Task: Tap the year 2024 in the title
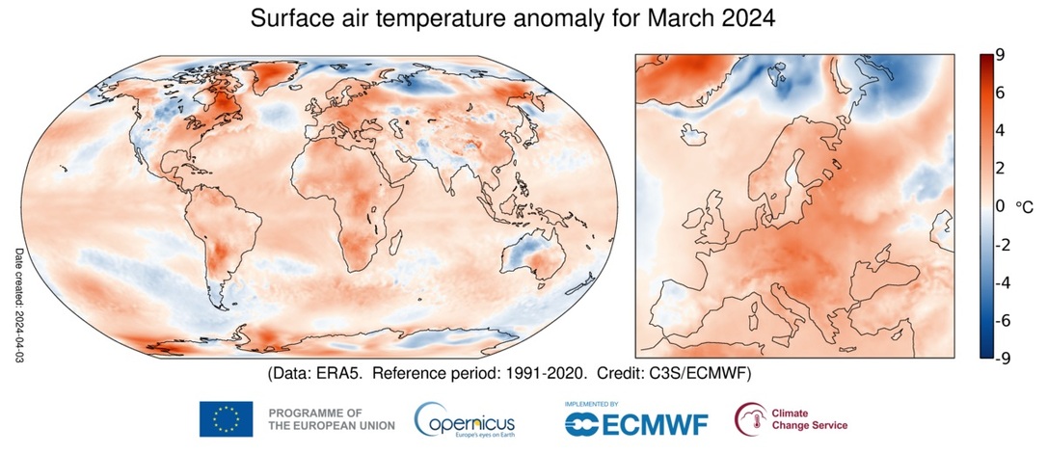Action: coord(743,18)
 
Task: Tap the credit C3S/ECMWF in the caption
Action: coord(709,372)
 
